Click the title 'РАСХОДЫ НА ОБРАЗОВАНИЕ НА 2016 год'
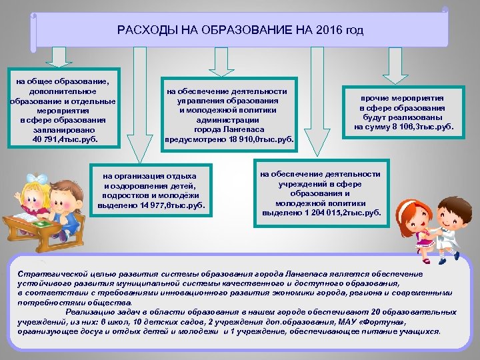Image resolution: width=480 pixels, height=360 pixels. [x=240, y=31]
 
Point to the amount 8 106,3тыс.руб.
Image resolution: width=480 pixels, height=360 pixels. [x=425, y=126]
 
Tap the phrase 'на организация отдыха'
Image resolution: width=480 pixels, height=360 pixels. [x=146, y=175]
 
